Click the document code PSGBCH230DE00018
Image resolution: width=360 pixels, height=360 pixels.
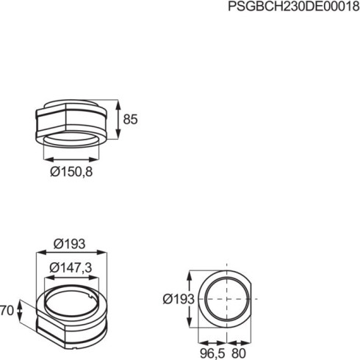(x=293, y=7)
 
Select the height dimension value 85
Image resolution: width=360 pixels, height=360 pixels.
(x=131, y=119)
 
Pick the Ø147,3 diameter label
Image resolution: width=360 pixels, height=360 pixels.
(x=71, y=268)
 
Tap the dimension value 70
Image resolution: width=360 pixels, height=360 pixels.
(x=7, y=311)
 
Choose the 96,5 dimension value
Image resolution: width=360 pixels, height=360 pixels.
(x=213, y=353)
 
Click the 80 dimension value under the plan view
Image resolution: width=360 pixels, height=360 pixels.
(x=240, y=353)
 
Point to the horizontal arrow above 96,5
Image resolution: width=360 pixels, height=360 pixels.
(x=212, y=342)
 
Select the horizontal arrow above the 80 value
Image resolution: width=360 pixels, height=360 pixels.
(x=240, y=342)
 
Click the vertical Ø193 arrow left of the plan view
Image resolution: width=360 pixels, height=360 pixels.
(x=192, y=300)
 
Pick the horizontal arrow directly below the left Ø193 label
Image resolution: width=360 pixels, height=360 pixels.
(x=71, y=253)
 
